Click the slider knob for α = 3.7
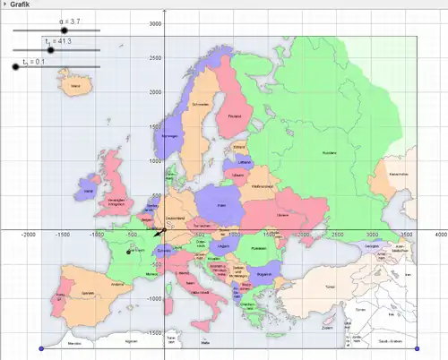(x=65, y=30)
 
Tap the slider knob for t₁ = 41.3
(x=51, y=50)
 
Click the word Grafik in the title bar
(x=22, y=4)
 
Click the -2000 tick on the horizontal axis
(x=29, y=236)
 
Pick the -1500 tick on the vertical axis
(x=155, y=332)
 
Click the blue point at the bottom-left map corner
(x=41, y=348)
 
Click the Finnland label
(x=236, y=116)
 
